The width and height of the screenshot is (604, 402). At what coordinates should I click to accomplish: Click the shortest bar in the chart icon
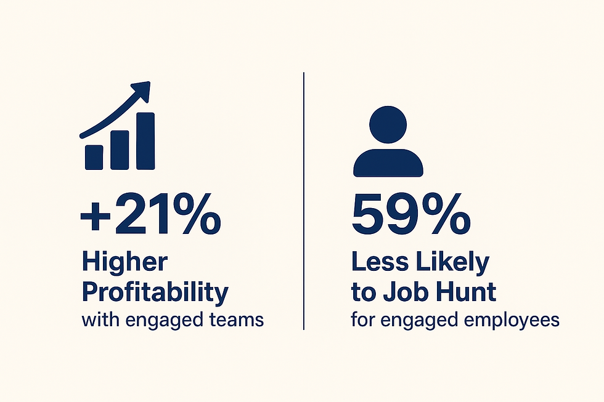tap(94, 156)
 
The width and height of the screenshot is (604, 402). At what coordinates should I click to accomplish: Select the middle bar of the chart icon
tap(120, 149)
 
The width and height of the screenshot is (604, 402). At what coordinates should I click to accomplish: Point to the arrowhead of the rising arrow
tap(142, 90)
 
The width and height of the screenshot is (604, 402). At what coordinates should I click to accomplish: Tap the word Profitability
tap(154, 292)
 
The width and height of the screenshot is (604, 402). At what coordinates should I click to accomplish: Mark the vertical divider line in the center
tap(303, 200)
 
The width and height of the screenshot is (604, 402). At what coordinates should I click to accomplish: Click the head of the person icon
tap(387, 124)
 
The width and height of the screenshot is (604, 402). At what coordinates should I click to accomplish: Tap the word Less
tap(377, 262)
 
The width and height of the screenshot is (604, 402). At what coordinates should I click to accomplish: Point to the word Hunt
tap(465, 292)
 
